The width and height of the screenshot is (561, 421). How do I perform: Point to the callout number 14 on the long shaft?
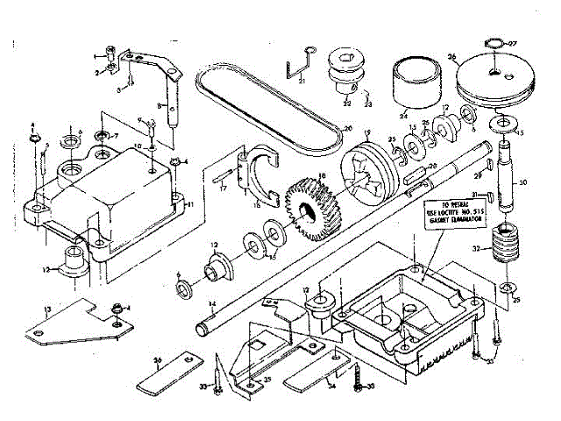(x=214, y=304)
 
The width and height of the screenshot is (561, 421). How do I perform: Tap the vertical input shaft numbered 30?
(x=506, y=175)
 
